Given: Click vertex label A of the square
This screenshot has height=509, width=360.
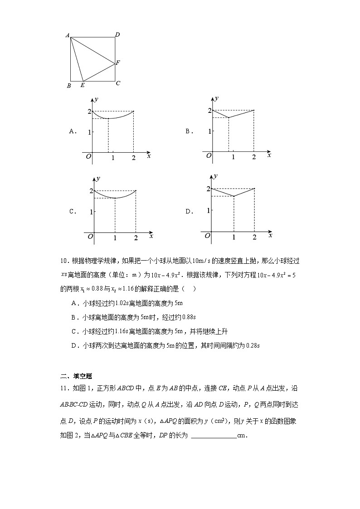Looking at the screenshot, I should coord(67,35).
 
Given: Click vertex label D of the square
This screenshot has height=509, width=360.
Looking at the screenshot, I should coord(117,34).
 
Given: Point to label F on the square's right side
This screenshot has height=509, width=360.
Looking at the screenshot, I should coord(118,63).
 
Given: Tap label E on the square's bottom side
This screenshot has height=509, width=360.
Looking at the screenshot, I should coord(82,85).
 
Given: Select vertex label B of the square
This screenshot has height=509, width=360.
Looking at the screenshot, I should coord(68,86).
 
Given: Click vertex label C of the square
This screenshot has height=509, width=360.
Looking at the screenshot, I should coord(118,83).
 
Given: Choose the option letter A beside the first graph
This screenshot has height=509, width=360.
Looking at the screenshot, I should coord(71,131).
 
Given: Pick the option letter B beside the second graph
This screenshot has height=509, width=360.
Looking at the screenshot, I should coord(188,131).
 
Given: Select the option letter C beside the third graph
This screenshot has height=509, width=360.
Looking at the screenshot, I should coord(71,211).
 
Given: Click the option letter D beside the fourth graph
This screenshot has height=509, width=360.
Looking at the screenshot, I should coord(188,211).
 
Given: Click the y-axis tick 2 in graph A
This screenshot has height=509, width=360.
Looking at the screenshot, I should coord(89,111).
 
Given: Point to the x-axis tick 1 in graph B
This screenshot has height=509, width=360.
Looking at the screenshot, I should coord(233,157).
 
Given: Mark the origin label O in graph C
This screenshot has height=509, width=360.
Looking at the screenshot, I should coord(91,236).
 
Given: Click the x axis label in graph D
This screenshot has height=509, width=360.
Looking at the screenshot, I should coord(270,235).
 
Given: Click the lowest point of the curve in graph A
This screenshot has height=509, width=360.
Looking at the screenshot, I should coord(108,118).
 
